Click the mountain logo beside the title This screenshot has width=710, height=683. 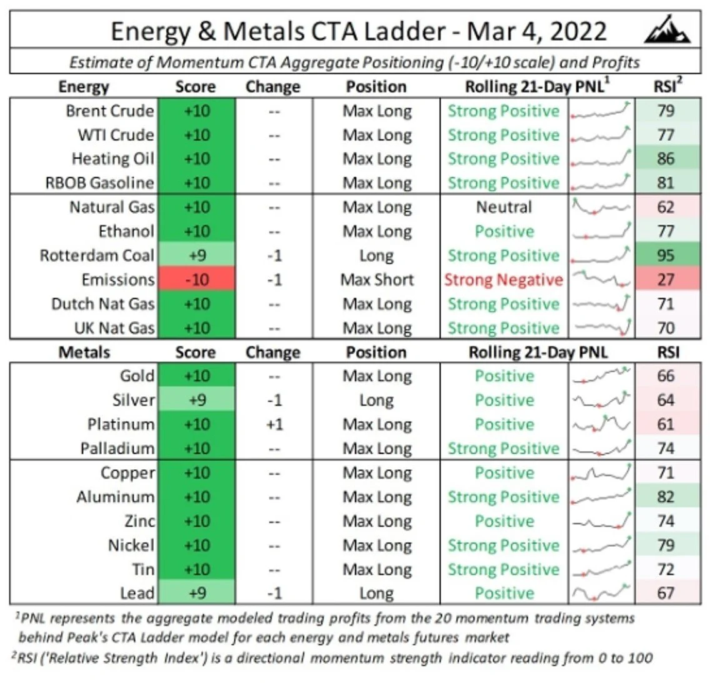pyautogui.click(x=667, y=30)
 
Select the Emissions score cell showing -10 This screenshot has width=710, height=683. pyautogui.click(x=197, y=280)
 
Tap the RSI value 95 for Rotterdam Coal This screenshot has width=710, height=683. pyautogui.click(x=666, y=256)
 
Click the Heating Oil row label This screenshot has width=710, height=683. pyautogui.click(x=112, y=159)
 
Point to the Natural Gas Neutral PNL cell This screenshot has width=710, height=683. pyautogui.click(x=504, y=207)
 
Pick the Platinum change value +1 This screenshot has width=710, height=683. pyautogui.click(x=274, y=425)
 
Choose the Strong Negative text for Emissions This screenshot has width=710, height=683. pyautogui.click(x=504, y=280)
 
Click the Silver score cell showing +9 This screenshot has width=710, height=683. pyautogui.click(x=197, y=401)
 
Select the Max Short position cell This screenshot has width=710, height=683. pyautogui.click(x=377, y=280)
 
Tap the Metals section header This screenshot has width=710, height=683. pyautogui.click(x=84, y=352)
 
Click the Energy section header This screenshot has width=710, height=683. pyautogui.click(x=84, y=87)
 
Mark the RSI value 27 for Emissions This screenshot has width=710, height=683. pyautogui.click(x=666, y=280)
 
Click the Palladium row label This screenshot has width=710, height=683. pyautogui.click(x=117, y=449)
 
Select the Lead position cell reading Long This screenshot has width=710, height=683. pyautogui.click(x=377, y=594)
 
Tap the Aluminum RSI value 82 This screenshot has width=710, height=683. pyautogui.click(x=666, y=497)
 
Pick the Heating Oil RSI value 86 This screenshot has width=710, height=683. pyautogui.click(x=666, y=159)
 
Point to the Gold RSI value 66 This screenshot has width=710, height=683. pyautogui.click(x=666, y=376)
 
